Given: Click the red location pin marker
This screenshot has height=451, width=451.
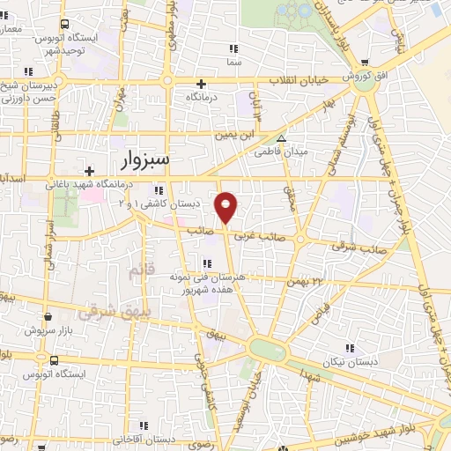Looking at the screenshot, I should coord(227,206).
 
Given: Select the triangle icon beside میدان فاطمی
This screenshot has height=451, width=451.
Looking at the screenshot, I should coord(281,139).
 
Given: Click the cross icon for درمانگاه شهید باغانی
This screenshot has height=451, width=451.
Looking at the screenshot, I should coord(89,171).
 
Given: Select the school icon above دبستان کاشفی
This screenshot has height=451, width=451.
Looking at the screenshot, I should coord(159,190).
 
